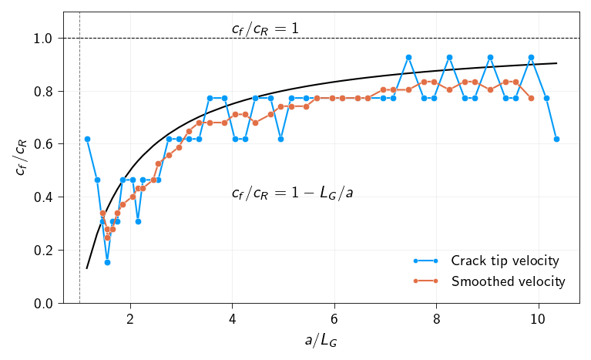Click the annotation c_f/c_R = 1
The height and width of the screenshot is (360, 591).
265,29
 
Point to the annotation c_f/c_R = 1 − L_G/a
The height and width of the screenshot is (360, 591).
292,193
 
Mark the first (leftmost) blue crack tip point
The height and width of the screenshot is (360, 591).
87,139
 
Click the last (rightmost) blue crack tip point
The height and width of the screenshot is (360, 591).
556,139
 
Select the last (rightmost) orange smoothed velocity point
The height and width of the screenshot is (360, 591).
531,98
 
